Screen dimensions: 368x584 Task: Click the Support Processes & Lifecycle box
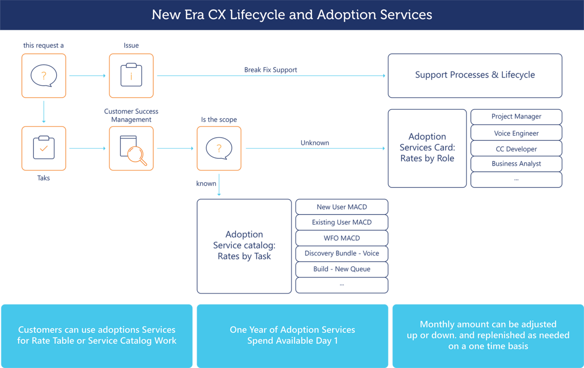point(474,76)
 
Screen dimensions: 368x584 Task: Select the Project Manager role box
point(516,117)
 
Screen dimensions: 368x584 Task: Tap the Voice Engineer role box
point(516,133)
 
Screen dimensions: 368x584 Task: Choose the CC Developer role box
point(516,149)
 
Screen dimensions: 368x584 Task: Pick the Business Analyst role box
point(516,164)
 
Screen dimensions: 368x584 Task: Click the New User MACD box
point(342,207)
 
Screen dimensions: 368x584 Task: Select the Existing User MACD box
point(342,223)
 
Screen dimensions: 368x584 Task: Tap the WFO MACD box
point(342,238)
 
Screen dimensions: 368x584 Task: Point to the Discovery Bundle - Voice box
point(342,254)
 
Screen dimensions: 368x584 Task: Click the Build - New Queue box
point(342,269)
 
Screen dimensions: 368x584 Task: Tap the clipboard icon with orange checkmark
point(44,149)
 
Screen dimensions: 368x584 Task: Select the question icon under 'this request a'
point(44,76)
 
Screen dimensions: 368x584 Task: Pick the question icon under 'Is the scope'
point(219,149)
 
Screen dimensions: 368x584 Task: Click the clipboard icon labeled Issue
point(131,76)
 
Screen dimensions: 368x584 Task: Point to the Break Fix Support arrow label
point(271,70)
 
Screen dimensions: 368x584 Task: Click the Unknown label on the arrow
point(314,143)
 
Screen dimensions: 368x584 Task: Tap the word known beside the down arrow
point(206,183)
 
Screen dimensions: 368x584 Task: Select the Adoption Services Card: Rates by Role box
point(427,148)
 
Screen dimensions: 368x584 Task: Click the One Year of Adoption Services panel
point(292,335)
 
